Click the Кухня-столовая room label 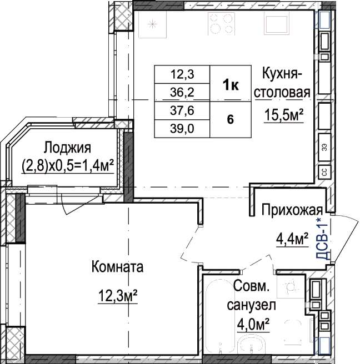(282, 83)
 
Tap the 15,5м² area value (284, 115)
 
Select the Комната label (117, 266)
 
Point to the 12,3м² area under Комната (118, 296)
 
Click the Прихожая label (292, 210)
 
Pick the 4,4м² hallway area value (292, 240)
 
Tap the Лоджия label (67, 148)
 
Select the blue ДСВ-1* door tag (322, 239)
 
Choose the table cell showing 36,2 (182, 93)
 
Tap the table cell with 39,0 (182, 129)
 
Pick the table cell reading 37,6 (182, 110)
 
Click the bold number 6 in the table (231, 120)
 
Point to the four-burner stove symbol (221, 24)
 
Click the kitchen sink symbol (277, 23)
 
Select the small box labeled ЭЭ (324, 147)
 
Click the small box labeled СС (324, 172)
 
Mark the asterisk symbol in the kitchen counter (152, 24)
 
